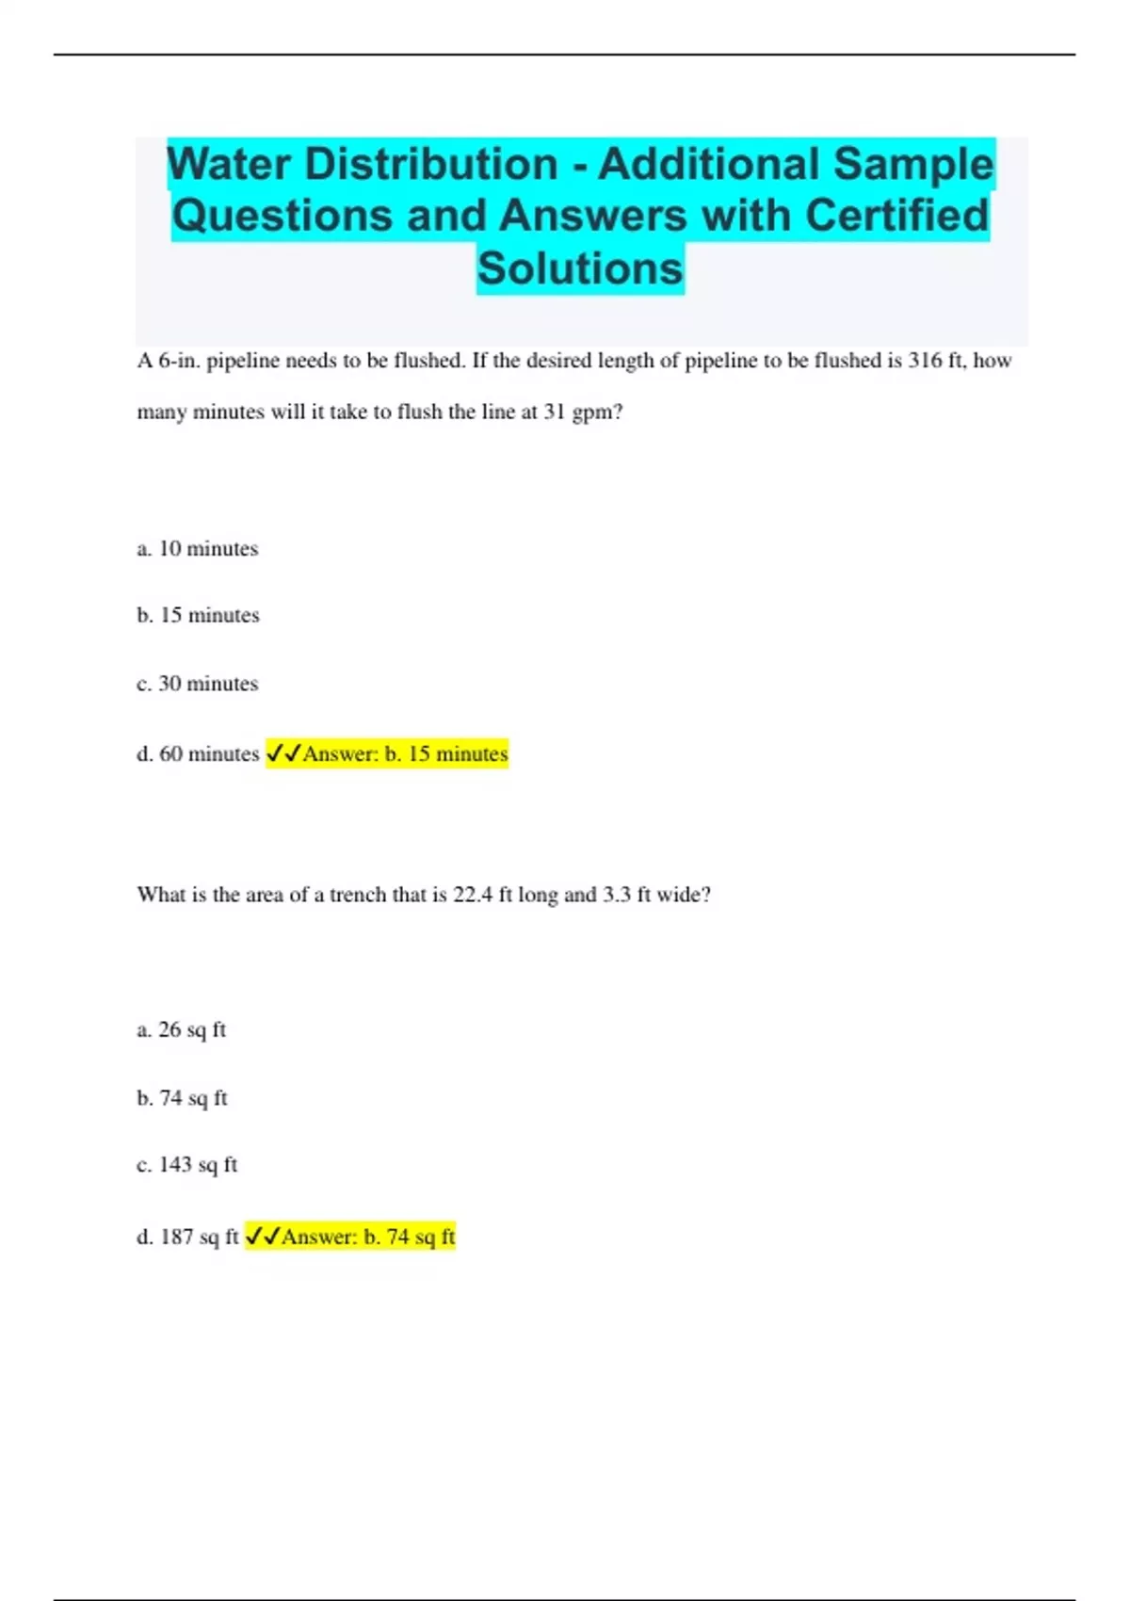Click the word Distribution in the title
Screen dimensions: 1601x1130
431,164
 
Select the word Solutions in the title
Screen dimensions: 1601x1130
580,267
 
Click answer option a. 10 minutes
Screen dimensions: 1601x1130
197,549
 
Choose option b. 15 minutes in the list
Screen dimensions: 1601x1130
198,616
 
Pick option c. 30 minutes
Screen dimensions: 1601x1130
197,684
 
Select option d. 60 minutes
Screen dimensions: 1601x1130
198,754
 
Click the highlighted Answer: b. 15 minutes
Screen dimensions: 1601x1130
405,754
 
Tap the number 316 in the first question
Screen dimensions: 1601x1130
925,361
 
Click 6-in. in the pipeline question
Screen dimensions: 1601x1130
179,361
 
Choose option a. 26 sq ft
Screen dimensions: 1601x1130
181,1030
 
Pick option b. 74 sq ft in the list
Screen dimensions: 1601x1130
182,1098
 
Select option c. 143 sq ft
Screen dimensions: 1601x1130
186,1166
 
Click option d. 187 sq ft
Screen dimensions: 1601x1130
187,1237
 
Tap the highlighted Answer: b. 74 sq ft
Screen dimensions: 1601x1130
368,1237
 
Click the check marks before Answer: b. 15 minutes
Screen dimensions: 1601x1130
283,753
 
